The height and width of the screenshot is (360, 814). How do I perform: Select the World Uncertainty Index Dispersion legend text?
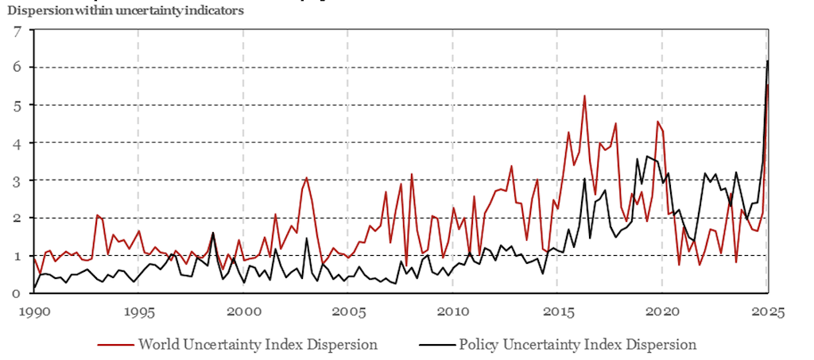[258, 345]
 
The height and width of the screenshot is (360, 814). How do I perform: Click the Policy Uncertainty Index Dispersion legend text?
[577, 345]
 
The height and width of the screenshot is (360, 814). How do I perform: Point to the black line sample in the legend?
[436, 345]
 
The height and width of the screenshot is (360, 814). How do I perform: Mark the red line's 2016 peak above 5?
[584, 96]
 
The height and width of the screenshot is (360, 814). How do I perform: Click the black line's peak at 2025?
[767, 61]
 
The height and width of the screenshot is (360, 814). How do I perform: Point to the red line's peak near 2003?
[307, 178]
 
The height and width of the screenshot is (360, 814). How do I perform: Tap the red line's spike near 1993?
[97, 215]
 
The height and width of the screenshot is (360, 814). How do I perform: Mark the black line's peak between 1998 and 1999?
[212, 233]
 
